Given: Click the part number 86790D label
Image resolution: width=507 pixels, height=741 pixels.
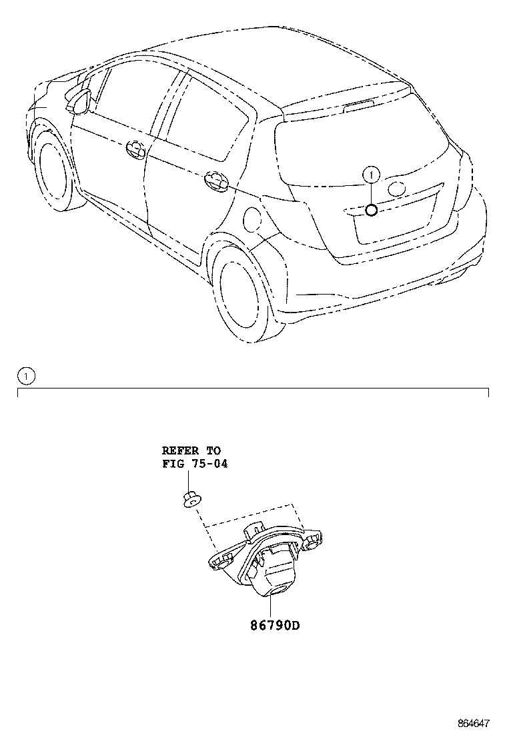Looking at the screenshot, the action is pos(275,625).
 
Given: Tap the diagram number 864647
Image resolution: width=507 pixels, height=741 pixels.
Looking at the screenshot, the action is pos(474,723).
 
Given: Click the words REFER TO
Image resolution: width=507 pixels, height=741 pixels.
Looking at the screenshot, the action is pos(191,450).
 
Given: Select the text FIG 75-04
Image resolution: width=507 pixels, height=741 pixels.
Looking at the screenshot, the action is pos(195,464).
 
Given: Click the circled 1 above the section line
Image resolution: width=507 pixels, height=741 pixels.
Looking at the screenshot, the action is pos(27,376).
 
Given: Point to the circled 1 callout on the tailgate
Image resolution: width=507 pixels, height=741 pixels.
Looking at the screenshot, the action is pos(372,175).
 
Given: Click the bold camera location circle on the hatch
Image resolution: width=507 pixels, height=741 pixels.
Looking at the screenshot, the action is pos(372,211).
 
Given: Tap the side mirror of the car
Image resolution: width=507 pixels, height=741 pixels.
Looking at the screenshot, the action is pos(78,101).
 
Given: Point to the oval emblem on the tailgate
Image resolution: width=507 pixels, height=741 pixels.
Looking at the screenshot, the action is pos(396,188).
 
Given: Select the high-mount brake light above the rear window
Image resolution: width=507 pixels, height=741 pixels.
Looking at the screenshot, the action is pos(359,106).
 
